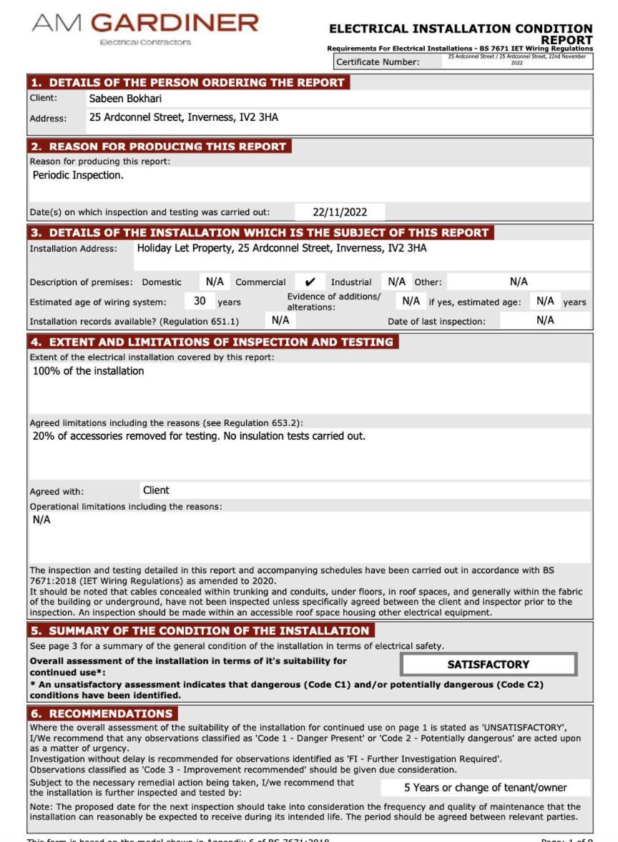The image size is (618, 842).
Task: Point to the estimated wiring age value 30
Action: pyautogui.click(x=200, y=301)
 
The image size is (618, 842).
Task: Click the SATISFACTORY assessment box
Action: pyautogui.click(x=489, y=664)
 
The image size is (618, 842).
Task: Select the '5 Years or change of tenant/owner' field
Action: pyautogui.click(x=486, y=788)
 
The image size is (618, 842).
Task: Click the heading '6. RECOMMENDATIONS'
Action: pyautogui.click(x=103, y=713)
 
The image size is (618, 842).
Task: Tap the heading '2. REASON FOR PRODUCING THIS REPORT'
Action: pyautogui.click(x=160, y=147)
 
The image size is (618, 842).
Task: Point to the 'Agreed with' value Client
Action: pyautogui.click(x=156, y=490)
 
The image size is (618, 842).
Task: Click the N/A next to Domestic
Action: pyautogui.click(x=210, y=282)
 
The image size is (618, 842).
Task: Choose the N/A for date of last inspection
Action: pyautogui.click(x=545, y=321)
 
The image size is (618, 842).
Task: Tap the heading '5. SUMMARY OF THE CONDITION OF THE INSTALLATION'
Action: pyautogui.click(x=200, y=630)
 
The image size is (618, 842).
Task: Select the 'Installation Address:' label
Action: pyautogui.click(x=72, y=249)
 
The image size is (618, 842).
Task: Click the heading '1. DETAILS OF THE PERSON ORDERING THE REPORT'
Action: pyautogui.click(x=187, y=82)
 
